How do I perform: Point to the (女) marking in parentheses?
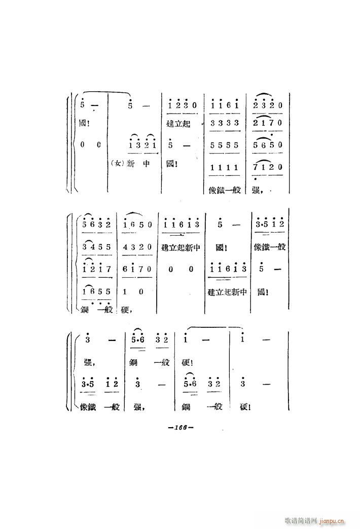coord(116,164)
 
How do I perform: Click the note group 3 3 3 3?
coord(224,123)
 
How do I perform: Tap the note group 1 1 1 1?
coord(224,168)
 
